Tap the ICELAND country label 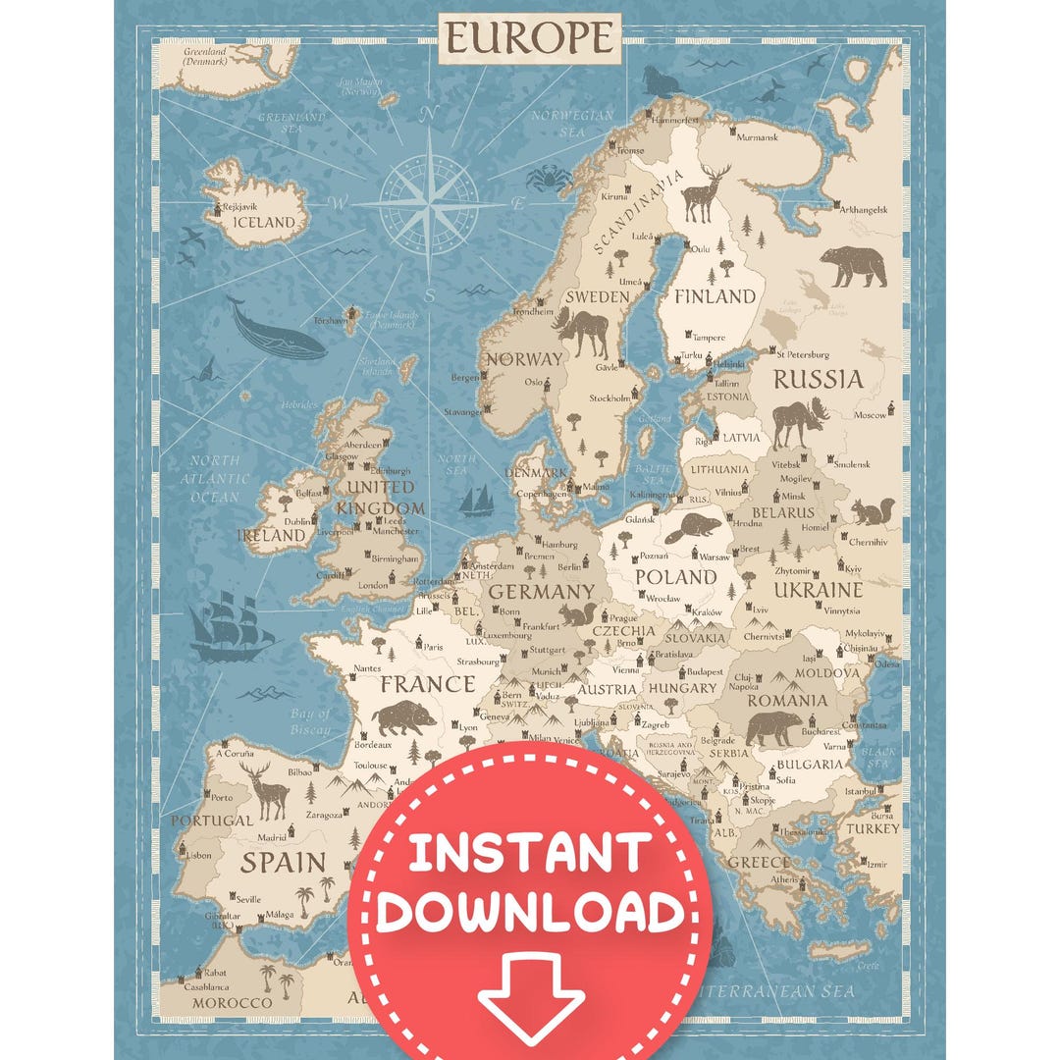[x=263, y=222]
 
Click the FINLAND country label [x=715, y=295]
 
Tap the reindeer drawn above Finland [x=705, y=192]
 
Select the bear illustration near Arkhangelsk [x=852, y=265]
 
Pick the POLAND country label [x=675, y=576]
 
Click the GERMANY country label [x=541, y=592]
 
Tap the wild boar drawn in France [x=403, y=717]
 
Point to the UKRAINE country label [x=818, y=590]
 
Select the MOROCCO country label [x=232, y=1002]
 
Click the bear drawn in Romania [x=772, y=728]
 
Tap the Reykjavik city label [x=239, y=207]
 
